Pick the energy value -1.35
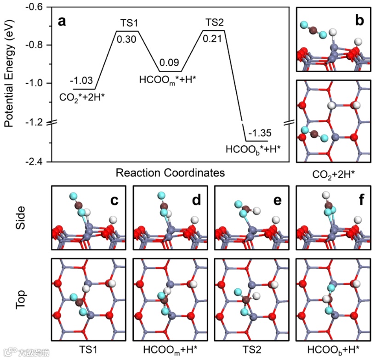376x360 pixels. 261,133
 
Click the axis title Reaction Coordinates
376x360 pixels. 170,173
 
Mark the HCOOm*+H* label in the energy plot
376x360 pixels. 166,79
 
